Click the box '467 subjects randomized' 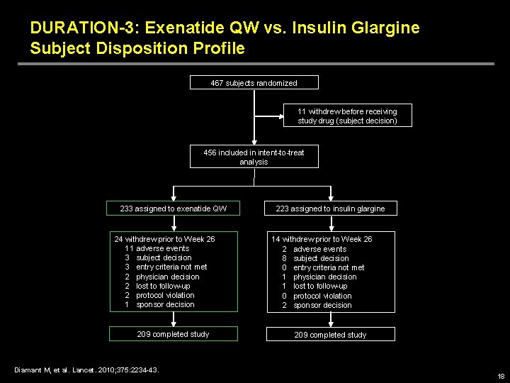[254, 83]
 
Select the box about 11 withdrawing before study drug [347, 116]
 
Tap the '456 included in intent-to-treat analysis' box [254, 157]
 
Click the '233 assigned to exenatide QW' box [174, 209]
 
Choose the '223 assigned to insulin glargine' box [330, 209]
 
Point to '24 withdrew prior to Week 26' [165, 239]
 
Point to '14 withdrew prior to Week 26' [322, 239]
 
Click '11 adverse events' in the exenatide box [157, 248]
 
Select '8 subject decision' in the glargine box [315, 258]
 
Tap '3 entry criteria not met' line [165, 267]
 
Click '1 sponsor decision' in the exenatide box [159, 304]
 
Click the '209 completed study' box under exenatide [173, 334]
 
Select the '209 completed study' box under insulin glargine [330, 335]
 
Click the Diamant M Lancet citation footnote [86, 369]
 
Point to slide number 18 [501, 377]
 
